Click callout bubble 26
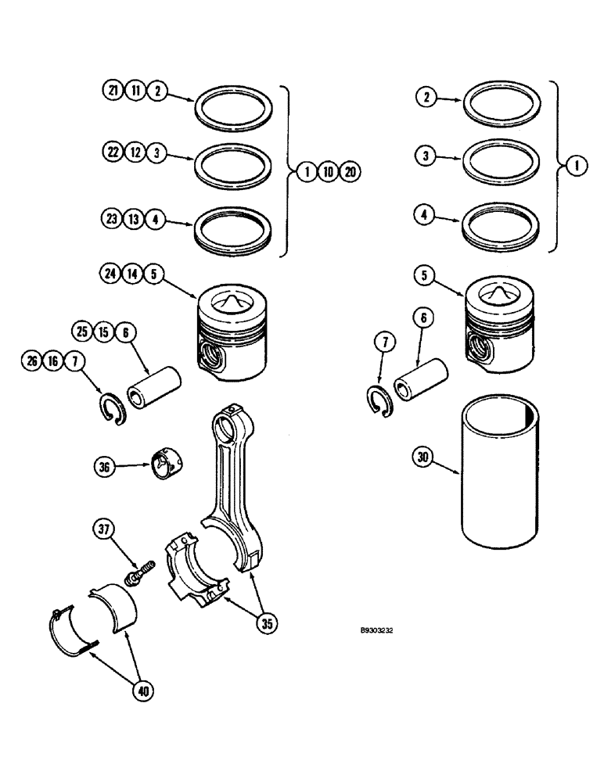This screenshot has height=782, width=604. click(31, 361)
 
